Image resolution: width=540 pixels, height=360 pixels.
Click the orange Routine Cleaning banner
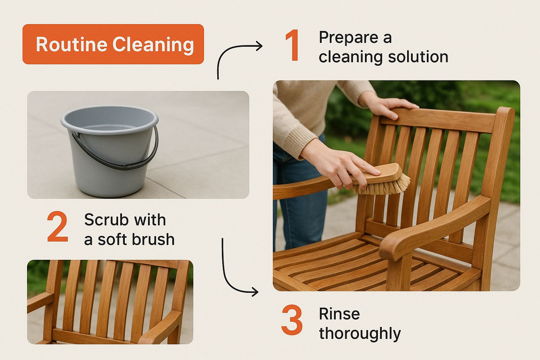tap(113, 44)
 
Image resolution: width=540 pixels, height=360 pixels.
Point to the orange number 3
tap(292, 320)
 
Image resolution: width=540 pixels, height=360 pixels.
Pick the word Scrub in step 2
tap(107, 220)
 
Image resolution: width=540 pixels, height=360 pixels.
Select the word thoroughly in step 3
tap(360, 334)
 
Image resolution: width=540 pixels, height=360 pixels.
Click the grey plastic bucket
tap(110, 151)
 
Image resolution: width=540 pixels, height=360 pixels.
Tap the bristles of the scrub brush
tap(381, 186)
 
